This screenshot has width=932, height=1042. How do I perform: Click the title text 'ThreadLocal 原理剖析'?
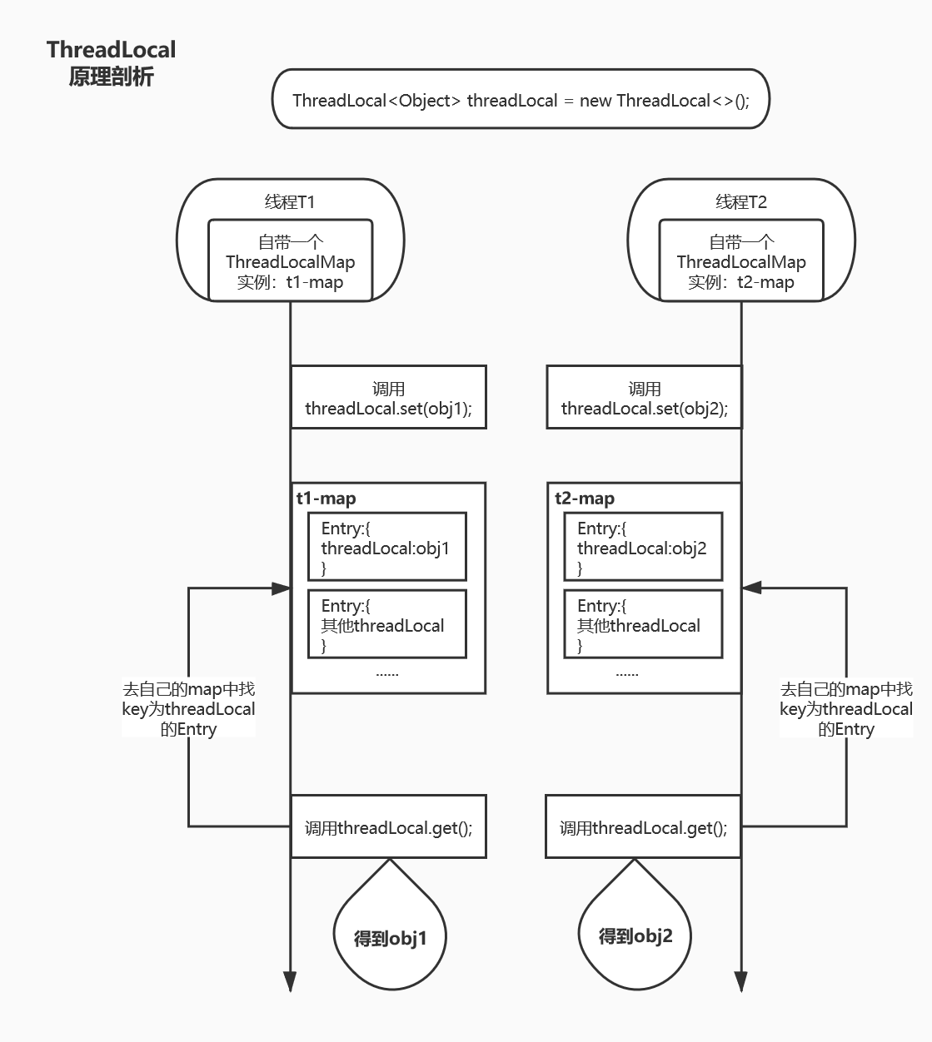[111, 63]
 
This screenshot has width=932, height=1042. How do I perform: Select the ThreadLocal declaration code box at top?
[521, 100]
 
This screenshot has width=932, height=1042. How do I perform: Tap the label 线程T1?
[290, 201]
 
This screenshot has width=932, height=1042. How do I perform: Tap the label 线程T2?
[740, 201]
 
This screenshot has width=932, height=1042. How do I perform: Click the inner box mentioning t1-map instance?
[290, 261]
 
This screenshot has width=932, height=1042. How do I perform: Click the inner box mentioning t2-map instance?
[740, 261]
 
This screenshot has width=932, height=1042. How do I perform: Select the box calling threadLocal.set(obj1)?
[388, 398]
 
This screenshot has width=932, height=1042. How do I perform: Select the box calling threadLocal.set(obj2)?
[644, 398]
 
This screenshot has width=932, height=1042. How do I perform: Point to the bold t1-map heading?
[326, 499]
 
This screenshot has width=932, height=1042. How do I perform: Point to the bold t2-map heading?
[585, 499]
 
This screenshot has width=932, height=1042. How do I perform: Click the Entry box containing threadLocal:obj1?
[386, 547]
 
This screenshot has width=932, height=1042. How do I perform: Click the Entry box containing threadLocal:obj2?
[643, 547]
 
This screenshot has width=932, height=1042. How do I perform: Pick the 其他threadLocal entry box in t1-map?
[386, 624]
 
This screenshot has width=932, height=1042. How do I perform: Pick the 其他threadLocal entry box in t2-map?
[643, 624]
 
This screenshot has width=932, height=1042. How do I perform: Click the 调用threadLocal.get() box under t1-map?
[388, 827]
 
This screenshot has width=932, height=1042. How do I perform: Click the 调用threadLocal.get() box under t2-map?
[643, 827]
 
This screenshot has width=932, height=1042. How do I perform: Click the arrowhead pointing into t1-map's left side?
[282, 588]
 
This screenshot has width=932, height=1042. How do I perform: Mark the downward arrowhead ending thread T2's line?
[740, 981]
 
